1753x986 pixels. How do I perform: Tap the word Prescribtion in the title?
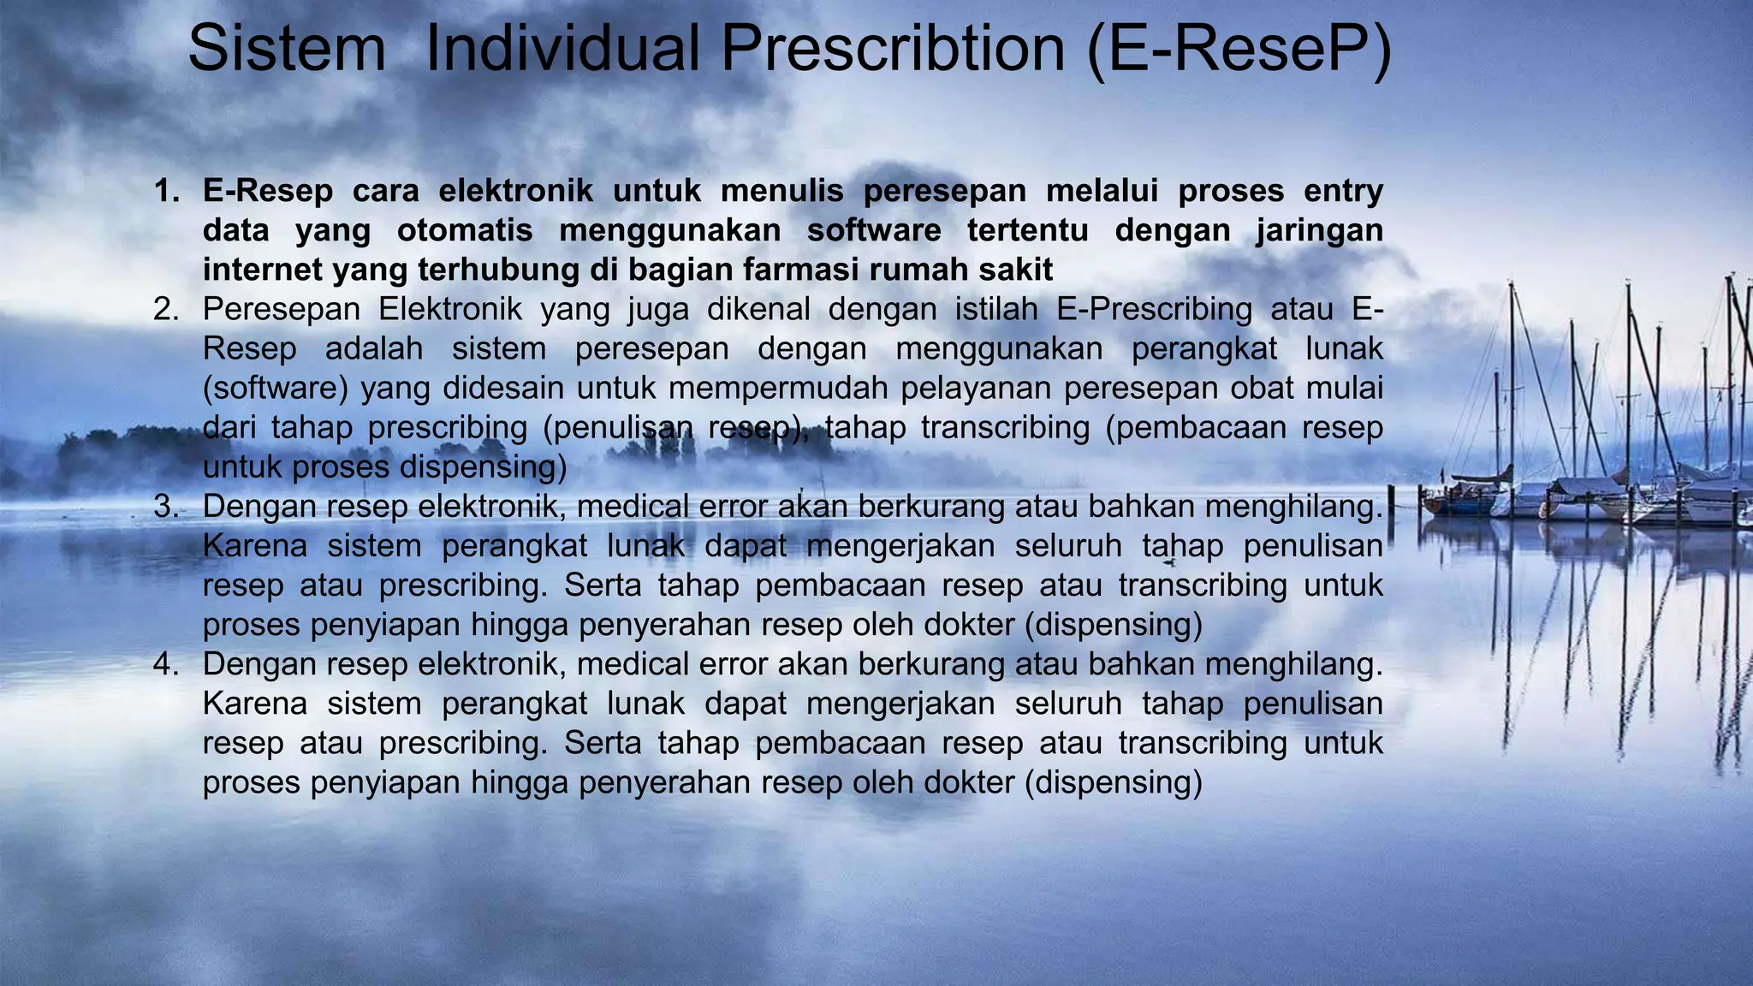[893, 49]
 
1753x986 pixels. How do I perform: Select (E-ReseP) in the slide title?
[1239, 49]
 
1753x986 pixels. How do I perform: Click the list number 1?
[165, 191]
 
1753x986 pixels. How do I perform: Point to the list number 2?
[165, 309]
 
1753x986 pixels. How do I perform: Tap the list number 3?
[165, 506]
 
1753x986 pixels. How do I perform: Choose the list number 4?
[165, 663]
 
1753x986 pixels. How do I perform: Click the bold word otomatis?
[465, 230]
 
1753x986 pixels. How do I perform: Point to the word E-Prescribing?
[1154, 309]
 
